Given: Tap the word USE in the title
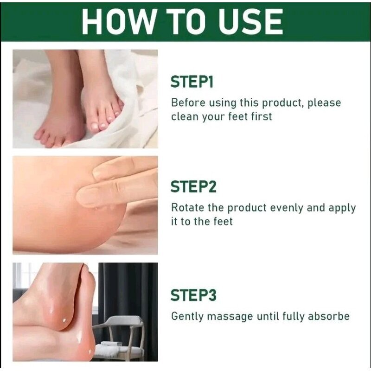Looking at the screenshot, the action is [250, 22].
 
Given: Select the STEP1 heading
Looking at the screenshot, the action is [192, 82].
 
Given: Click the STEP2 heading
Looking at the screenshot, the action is [193, 186].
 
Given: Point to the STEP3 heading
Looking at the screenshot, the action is [193, 295].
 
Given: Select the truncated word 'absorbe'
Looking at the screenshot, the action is [329, 316].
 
